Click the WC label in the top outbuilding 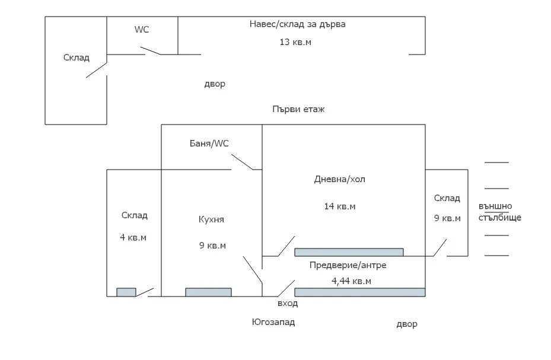[142, 30]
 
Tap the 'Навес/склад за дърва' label [297, 24]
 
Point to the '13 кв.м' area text [295, 42]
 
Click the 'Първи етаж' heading [298, 109]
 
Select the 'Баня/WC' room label [209, 143]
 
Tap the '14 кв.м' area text [339, 206]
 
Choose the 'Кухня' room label [211, 219]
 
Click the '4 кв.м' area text [133, 237]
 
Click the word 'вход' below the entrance [288, 303]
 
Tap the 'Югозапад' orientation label [273, 322]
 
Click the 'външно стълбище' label [499, 212]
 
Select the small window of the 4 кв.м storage [126, 292]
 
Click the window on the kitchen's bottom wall [208, 292]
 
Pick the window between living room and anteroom [349, 252]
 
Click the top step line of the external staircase [496, 162]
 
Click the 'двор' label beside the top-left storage [215, 84]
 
